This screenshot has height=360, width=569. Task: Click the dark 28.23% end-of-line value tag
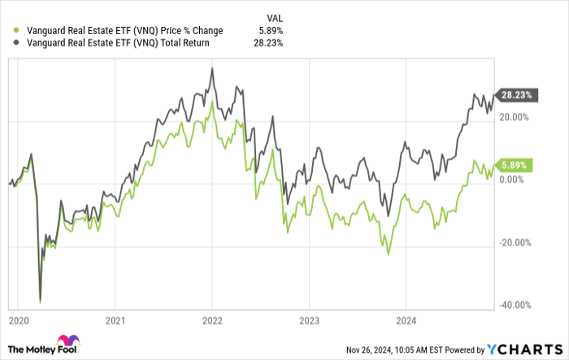tap(515, 95)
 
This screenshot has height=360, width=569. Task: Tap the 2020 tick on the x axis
tap(18, 319)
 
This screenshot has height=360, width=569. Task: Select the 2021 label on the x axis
tap(115, 319)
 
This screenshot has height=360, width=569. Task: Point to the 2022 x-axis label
tap(212, 319)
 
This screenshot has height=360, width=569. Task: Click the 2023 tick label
tap(310, 319)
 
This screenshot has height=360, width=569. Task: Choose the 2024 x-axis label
tap(407, 319)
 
